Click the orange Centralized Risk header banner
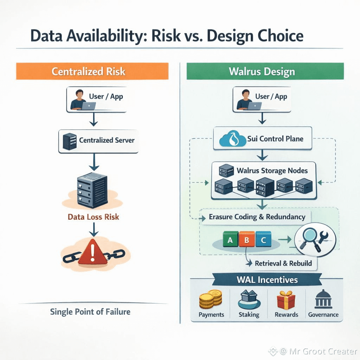tap(88, 71)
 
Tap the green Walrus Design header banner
tap(262, 71)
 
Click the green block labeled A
tap(230, 240)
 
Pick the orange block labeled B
tap(247, 240)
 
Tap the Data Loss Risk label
tap(93, 217)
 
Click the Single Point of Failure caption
tap(90, 311)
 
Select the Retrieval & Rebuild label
tap(283, 263)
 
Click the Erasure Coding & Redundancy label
tap(257, 217)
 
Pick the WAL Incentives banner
tap(267, 280)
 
